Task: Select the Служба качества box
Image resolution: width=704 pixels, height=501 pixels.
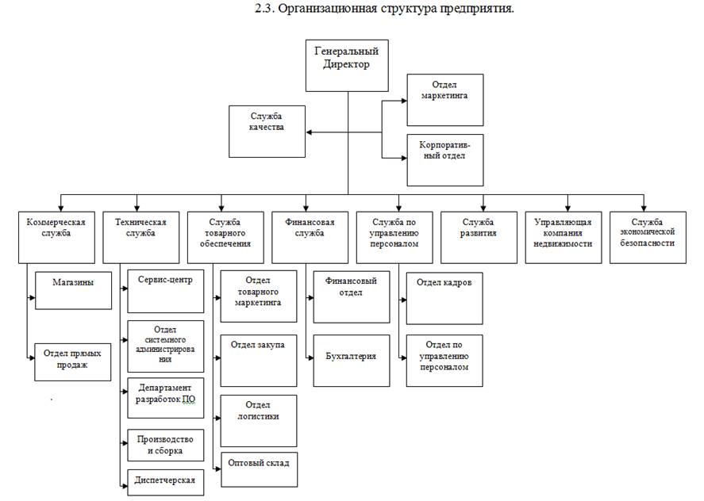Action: click(x=267, y=131)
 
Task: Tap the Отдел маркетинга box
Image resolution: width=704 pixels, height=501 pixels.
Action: click(x=444, y=100)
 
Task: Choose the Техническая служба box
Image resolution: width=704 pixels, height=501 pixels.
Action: click(x=140, y=236)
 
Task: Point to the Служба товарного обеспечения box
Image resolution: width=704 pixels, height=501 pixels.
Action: click(x=225, y=236)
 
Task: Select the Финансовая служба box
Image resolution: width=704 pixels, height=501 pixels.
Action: click(x=310, y=236)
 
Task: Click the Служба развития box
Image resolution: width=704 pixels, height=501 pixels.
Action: click(x=479, y=236)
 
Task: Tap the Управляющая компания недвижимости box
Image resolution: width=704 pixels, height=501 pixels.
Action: click(x=563, y=236)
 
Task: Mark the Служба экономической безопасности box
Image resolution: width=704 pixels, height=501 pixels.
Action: click(x=648, y=236)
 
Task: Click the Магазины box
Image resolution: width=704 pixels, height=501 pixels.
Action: click(x=73, y=291)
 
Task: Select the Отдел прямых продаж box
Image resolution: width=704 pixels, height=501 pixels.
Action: click(x=73, y=361)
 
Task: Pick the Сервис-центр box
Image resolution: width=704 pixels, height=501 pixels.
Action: click(x=165, y=290)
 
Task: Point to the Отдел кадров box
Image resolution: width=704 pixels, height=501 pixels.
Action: click(x=444, y=298)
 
